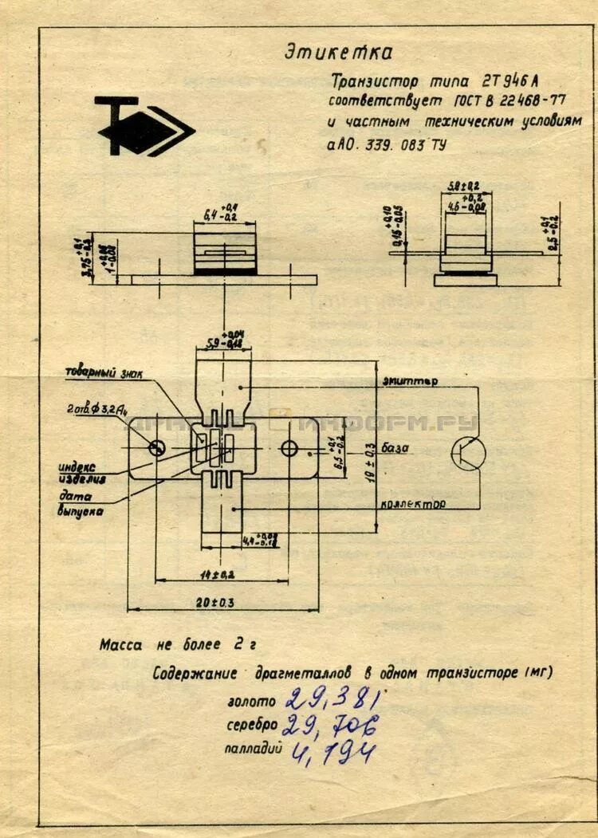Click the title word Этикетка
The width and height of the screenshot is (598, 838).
click(x=338, y=53)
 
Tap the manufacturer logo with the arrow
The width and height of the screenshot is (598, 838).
click(x=144, y=126)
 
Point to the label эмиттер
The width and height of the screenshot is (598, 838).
click(x=410, y=381)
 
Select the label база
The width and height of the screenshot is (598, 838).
click(x=395, y=448)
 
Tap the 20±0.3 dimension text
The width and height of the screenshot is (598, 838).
click(x=221, y=603)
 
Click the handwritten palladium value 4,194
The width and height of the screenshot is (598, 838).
click(x=332, y=751)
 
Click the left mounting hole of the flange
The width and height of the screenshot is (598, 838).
click(x=157, y=448)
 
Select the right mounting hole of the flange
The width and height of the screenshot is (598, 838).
click(x=289, y=448)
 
